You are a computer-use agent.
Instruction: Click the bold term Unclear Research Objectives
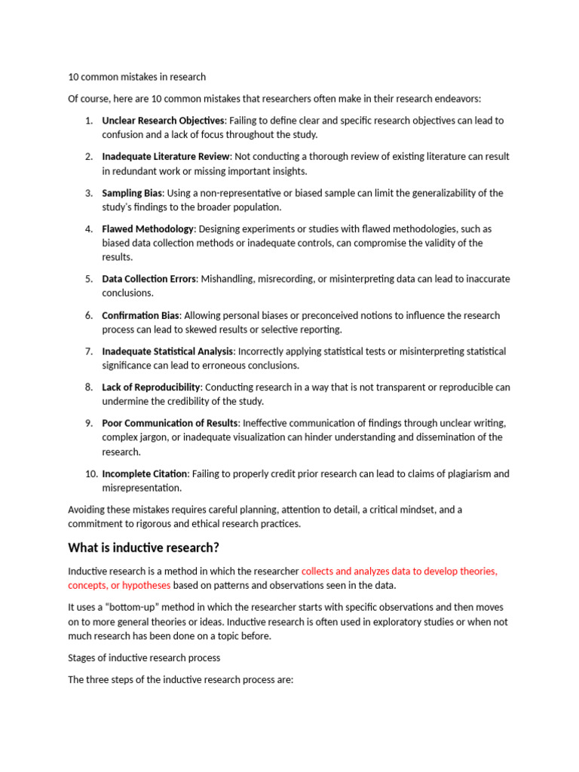(163, 121)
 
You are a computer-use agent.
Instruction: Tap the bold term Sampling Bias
(133, 193)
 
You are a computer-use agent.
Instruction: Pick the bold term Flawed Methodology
(149, 228)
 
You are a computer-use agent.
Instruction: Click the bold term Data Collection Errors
(149, 279)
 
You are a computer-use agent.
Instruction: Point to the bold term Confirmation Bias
(142, 315)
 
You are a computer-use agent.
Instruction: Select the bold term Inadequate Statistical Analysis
(168, 351)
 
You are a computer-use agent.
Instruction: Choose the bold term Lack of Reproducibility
(151, 388)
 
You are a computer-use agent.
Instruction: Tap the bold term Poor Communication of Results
(170, 423)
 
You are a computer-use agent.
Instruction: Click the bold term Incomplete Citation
(144, 473)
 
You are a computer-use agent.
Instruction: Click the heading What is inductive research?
(143, 547)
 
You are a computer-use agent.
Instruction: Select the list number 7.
(88, 351)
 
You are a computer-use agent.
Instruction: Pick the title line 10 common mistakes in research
(136, 77)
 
